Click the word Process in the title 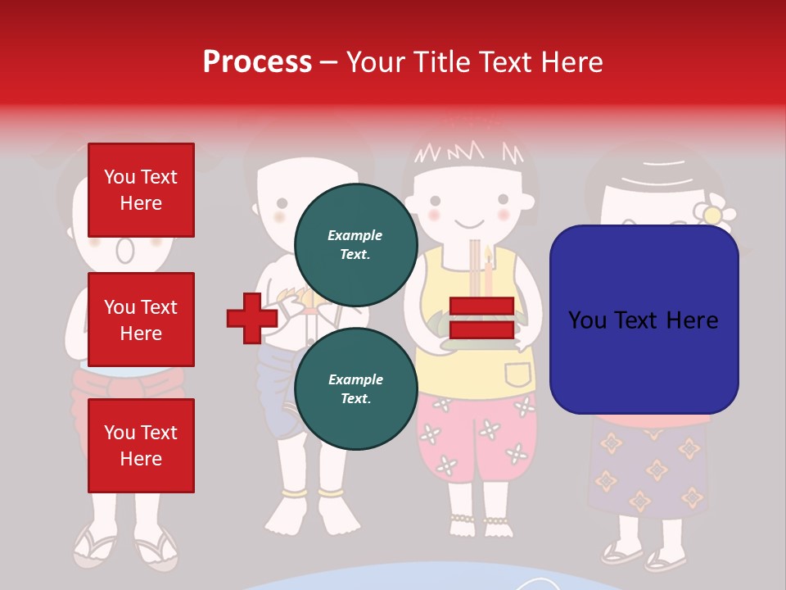click(257, 61)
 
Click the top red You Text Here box click(141, 190)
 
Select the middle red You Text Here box click(141, 320)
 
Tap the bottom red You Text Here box click(141, 446)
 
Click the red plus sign click(251, 318)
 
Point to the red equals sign click(481, 318)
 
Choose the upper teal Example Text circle click(355, 244)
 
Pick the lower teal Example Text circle click(355, 388)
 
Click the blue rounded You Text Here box click(644, 320)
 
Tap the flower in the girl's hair click(713, 211)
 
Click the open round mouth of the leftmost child click(123, 249)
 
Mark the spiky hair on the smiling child click(467, 152)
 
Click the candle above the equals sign click(488, 270)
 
